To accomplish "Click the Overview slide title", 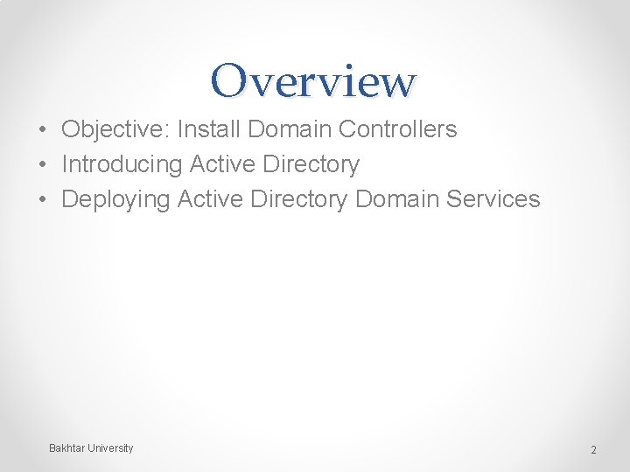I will click(x=314, y=80).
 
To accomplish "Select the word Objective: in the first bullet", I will click(x=115, y=130).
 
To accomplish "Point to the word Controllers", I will click(x=397, y=129).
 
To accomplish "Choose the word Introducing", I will click(x=122, y=164).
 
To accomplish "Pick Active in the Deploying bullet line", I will click(x=210, y=199).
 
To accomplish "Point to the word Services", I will click(x=493, y=199).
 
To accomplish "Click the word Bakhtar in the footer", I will click(x=66, y=448).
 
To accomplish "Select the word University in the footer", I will click(x=110, y=448).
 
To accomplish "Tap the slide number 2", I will click(x=593, y=450).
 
